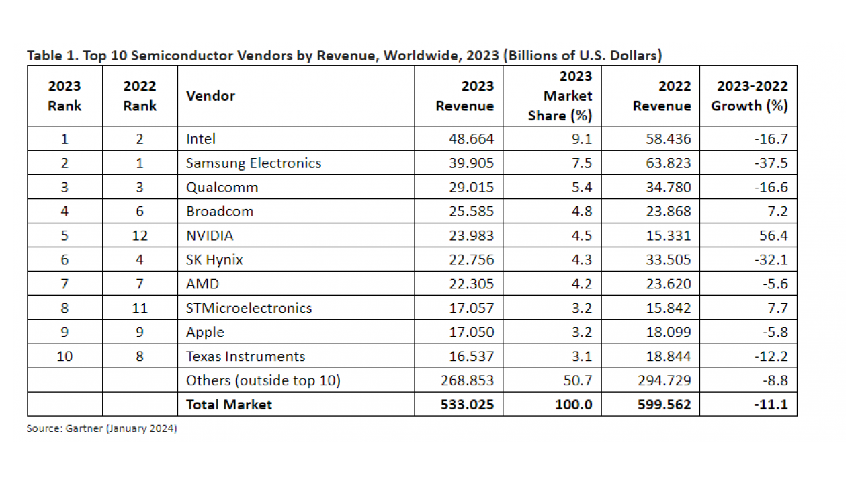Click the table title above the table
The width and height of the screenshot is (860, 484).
coord(344,56)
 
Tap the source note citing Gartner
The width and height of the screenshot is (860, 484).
coord(101,428)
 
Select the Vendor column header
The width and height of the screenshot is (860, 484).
coord(210,95)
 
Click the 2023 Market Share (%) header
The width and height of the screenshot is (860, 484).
coord(560,95)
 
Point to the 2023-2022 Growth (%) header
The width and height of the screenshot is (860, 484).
coord(749,95)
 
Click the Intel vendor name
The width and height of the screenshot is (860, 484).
coord(201,138)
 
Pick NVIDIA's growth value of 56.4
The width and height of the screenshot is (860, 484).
coord(773,235)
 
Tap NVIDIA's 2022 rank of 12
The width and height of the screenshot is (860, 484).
coord(140,235)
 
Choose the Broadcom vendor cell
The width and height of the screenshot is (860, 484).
coord(220,211)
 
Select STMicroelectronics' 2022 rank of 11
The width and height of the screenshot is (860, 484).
coord(140,308)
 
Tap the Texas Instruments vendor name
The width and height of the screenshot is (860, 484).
coord(245,356)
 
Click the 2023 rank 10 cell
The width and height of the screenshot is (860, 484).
coord(64,356)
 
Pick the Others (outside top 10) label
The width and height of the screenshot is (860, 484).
coord(263,380)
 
